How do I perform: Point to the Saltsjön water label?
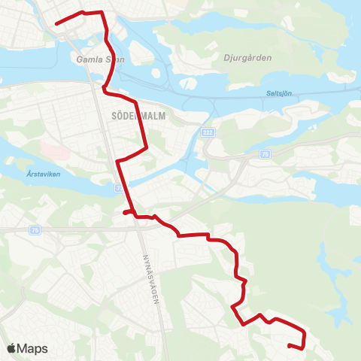pyautogui.click(x=279, y=93)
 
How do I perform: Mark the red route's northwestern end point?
pyautogui.click(x=56, y=24)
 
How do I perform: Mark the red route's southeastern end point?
pyautogui.click(x=290, y=345)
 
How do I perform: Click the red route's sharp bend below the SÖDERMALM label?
pyautogui.click(x=118, y=161)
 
